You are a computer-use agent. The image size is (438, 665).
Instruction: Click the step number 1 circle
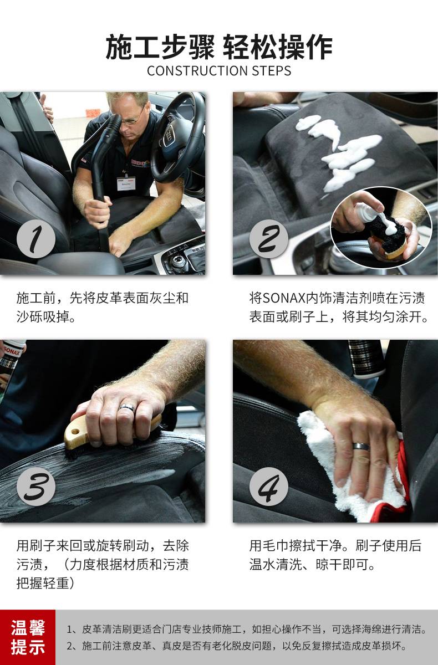tap(36, 239)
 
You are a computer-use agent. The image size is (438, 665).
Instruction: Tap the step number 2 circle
tap(269, 239)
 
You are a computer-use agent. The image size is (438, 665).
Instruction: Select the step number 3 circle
tap(36, 487)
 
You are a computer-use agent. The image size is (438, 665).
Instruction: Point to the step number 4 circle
tap(269, 487)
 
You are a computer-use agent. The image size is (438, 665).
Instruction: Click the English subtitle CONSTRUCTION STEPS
tap(219, 71)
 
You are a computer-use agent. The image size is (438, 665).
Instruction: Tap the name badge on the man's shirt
tap(126, 183)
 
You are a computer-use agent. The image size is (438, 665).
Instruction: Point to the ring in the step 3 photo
tap(127, 407)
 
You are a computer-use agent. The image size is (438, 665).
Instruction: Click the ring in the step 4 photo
tap(361, 446)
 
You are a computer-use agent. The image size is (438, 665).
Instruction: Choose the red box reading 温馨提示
tap(28, 637)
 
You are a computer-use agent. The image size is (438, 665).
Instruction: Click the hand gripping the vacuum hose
tap(96, 211)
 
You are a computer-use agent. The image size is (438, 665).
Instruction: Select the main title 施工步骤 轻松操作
tap(219, 47)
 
